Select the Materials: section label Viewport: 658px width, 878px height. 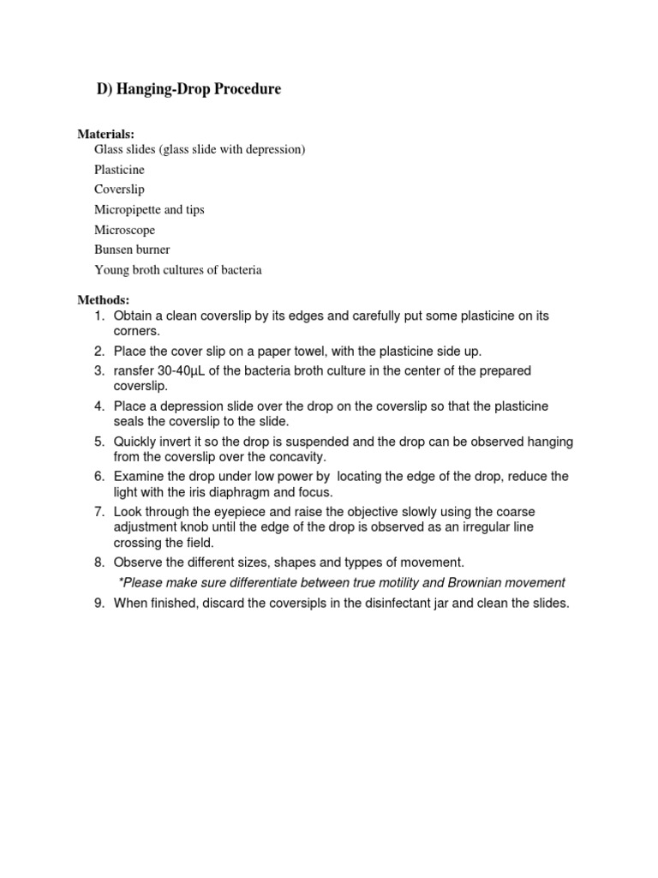106,134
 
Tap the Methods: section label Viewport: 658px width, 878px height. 103,300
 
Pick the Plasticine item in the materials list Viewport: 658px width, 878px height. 119,170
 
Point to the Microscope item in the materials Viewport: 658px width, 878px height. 124,230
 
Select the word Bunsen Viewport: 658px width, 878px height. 112,250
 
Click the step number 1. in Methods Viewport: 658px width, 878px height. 99,316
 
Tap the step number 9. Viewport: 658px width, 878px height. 99,603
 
